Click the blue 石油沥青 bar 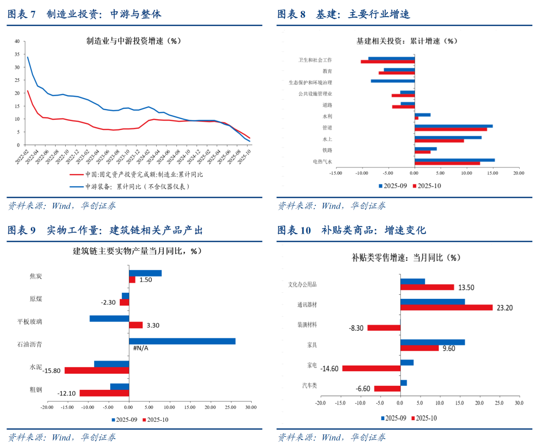point(182,341)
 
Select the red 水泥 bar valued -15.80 point(97,371)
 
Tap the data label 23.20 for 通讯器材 point(506,307)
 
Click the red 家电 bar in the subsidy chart point(371,369)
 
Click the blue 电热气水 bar point(454,160)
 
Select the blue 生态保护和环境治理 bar point(392,81)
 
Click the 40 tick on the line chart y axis point(17,41)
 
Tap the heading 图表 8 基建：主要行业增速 point(343,14)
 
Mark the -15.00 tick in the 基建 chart point(335,173)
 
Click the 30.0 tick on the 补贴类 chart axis point(519,403)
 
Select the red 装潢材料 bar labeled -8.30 point(384,328)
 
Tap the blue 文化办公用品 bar point(413,281)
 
